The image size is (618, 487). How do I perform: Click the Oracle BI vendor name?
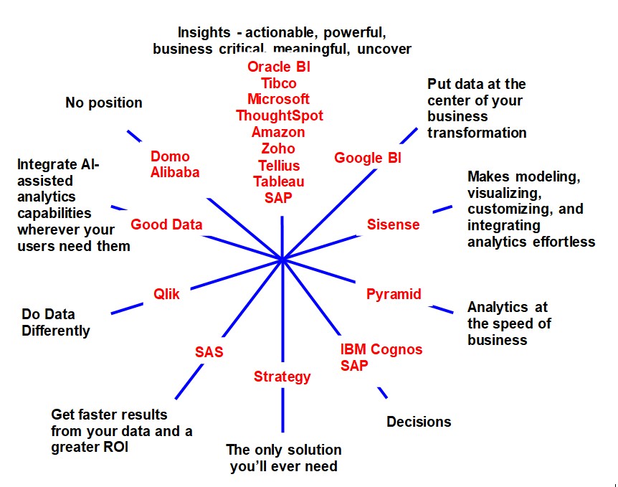279,67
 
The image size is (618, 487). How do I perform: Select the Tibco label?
279,83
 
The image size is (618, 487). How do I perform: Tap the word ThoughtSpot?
279,115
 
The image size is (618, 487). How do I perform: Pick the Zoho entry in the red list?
279,148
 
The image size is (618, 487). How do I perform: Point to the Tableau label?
279,181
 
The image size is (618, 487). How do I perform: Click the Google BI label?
368,159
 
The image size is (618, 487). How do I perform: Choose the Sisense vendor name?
393,224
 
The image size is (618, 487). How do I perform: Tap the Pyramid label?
394,294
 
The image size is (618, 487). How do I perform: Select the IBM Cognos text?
381,350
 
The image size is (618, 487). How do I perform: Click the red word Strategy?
282,377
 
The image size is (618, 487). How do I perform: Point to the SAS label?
209,352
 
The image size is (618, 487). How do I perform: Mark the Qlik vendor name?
166,294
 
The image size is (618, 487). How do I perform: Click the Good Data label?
166,225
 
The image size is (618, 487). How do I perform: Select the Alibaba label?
175,172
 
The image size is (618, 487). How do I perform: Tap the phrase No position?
104,103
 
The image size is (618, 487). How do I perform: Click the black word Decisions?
419,422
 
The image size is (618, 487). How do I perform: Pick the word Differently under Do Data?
56,331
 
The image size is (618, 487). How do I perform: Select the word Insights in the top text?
204,32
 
